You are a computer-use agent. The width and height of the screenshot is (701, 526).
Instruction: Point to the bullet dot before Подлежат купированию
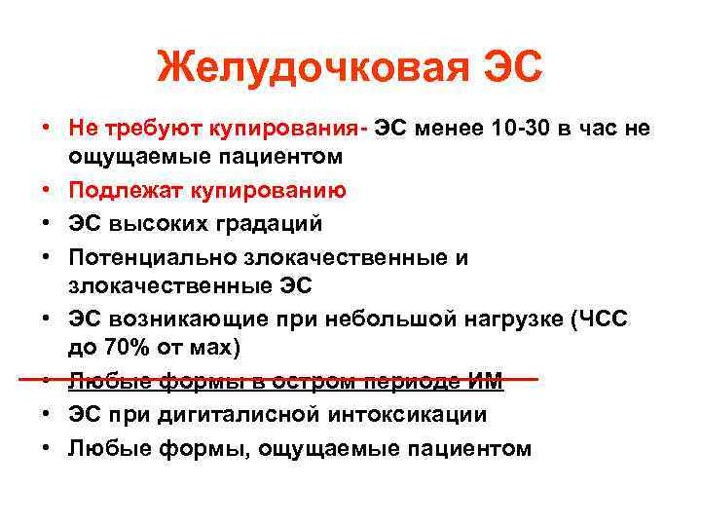click(x=48, y=191)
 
